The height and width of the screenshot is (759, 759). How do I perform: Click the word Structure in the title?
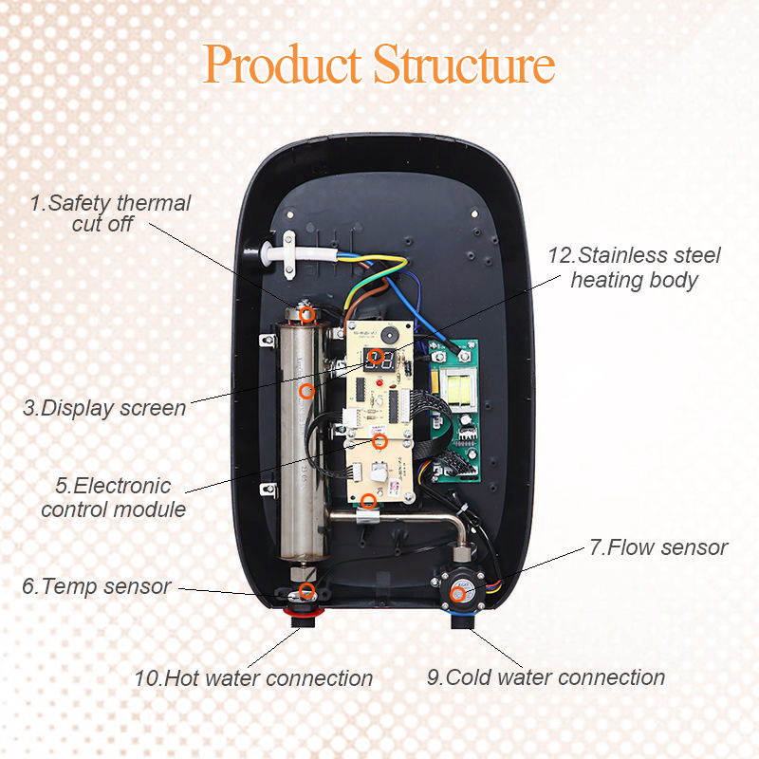pyautogui.click(x=464, y=65)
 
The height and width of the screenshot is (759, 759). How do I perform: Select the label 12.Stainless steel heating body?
pyautogui.click(x=635, y=268)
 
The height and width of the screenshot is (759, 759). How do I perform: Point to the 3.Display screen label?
pyautogui.click(x=104, y=408)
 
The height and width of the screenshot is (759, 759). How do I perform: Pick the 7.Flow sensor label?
pyautogui.click(x=658, y=547)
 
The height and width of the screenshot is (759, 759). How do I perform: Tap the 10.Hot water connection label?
pyautogui.click(x=253, y=678)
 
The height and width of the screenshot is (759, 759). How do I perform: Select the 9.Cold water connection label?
pyautogui.click(x=545, y=677)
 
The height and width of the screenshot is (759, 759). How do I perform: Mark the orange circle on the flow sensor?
pyautogui.click(x=459, y=594)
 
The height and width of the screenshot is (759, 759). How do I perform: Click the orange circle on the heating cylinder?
pyautogui.click(x=305, y=390)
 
